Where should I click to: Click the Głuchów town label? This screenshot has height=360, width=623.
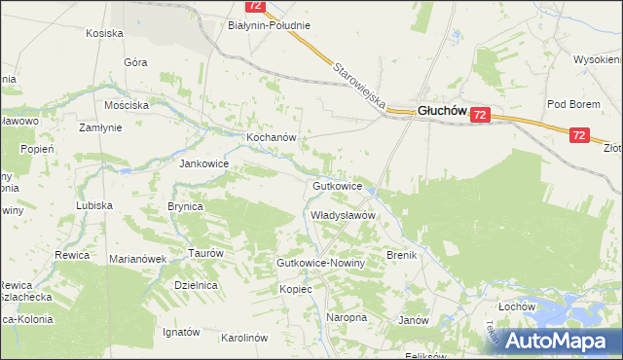tap(443, 111)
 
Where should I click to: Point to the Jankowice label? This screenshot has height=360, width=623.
tap(202, 163)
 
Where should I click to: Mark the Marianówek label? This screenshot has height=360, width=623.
tap(138, 259)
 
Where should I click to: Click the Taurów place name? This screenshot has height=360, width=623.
tap(206, 252)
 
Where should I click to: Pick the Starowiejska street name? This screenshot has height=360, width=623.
tap(359, 86)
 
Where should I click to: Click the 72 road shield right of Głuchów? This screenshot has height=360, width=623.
tap(479, 115)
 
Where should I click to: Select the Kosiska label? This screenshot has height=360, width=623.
tap(104, 33)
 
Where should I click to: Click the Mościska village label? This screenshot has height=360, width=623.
tap(127, 104)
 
